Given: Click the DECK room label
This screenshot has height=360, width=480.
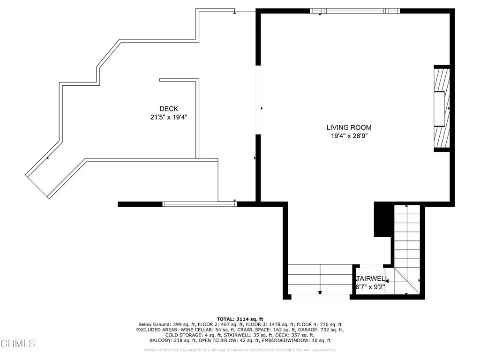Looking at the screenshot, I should point(168,109).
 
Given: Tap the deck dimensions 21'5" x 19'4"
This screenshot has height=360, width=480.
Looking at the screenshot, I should point(169,118).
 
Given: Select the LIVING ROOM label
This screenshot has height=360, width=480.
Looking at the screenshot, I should point(349,127).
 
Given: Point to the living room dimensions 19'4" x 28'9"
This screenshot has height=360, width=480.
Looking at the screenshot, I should point(349,136).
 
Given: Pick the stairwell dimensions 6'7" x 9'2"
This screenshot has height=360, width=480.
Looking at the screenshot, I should point(370,287).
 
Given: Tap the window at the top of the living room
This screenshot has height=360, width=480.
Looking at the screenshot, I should point(355,11).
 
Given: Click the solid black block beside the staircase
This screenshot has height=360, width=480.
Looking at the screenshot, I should point(382,219).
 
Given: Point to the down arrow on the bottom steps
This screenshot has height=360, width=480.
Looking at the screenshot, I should point(320,292).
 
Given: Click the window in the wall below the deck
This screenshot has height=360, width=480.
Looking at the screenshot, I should point(199,203).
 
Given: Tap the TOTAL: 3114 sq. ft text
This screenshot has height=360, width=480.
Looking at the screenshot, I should point(240,319).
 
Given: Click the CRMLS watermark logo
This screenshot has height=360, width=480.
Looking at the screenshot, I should point(18,344).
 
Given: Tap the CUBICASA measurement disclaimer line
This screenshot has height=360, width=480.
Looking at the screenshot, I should point(240,350).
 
